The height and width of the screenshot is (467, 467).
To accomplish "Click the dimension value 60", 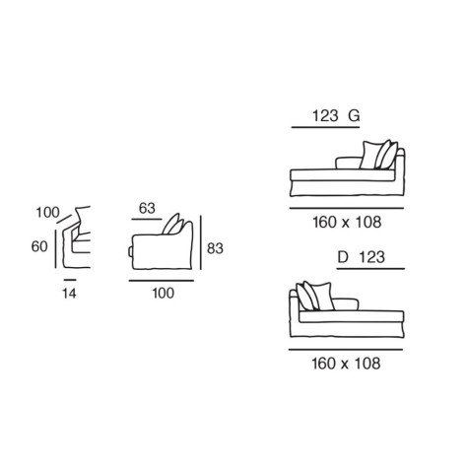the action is coord(39,246).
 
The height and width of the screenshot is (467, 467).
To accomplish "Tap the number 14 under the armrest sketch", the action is coord(69,294).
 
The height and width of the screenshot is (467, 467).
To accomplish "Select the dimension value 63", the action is coord(147,208).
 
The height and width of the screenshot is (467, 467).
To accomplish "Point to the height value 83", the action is coord(215,248).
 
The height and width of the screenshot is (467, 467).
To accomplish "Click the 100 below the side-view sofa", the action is coord(164,293).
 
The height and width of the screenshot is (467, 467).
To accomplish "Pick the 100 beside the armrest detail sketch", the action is coord(47,213).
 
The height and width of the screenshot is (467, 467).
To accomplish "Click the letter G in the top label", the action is coord(354,116).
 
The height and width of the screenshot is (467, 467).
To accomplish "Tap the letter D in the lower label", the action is coord(343,257).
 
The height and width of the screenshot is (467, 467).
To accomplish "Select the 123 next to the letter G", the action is coord(325,116).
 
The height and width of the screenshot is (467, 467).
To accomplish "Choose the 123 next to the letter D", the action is coord(371,257).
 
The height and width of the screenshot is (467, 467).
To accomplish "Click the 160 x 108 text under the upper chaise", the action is coord(347,223).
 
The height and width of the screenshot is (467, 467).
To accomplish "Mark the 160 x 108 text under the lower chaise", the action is coord(346,364).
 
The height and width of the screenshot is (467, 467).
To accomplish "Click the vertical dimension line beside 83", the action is coord(201,242).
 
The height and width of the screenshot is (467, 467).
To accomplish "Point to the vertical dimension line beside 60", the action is coord(56,248).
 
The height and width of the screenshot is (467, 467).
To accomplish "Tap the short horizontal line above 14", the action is coord(70,280).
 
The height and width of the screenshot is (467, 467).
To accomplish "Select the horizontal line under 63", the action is coord(147,219).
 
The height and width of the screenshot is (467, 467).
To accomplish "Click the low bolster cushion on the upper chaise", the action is coord(349,163).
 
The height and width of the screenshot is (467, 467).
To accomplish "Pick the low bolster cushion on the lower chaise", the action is coord(345,304).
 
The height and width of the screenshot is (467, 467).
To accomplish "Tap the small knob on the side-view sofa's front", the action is coord(130,251).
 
